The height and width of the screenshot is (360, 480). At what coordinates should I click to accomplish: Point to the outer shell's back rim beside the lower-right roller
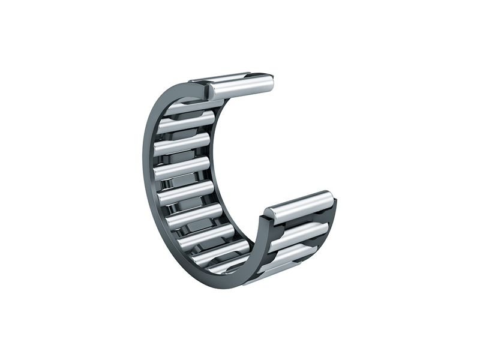[x=334, y=213]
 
